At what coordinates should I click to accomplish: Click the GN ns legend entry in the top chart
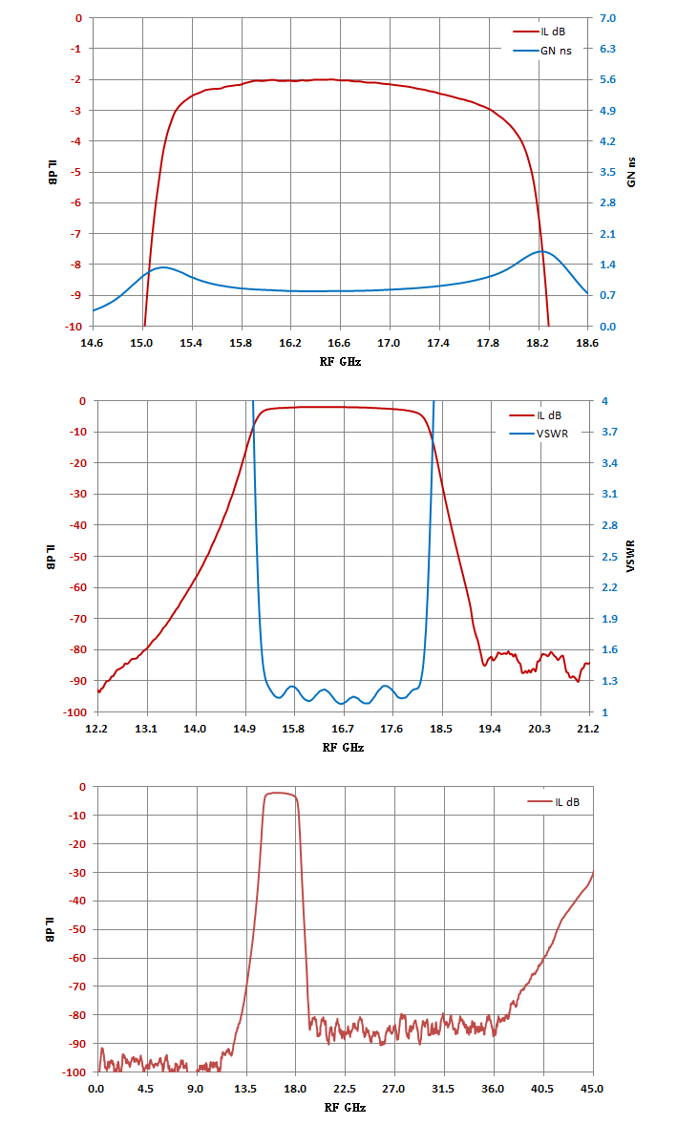(542, 51)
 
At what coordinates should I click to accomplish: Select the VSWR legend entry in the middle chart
(539, 434)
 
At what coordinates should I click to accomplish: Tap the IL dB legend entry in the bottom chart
(553, 801)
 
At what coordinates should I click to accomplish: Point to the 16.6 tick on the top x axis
(339, 343)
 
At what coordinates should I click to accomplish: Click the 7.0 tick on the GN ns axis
(607, 18)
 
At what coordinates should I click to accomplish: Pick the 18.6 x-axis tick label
(587, 343)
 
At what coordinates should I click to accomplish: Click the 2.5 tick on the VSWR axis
(609, 557)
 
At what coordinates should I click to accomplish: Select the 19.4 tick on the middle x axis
(490, 729)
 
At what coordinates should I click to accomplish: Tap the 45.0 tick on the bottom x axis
(592, 1089)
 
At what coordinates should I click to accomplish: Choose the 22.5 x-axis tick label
(344, 1089)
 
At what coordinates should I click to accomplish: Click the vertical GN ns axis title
(631, 172)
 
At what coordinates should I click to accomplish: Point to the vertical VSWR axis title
(630, 556)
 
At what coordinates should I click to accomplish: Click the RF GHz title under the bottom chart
(345, 1108)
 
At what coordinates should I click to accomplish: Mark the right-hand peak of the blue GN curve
(542, 251)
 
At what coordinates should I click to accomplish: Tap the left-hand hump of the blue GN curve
(163, 267)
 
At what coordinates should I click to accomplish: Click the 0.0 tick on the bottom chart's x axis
(95, 1089)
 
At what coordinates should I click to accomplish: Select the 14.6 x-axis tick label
(92, 343)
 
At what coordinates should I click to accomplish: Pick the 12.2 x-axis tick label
(96, 729)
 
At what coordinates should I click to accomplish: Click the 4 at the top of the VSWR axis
(604, 401)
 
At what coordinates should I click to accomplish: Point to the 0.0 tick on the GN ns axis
(607, 327)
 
